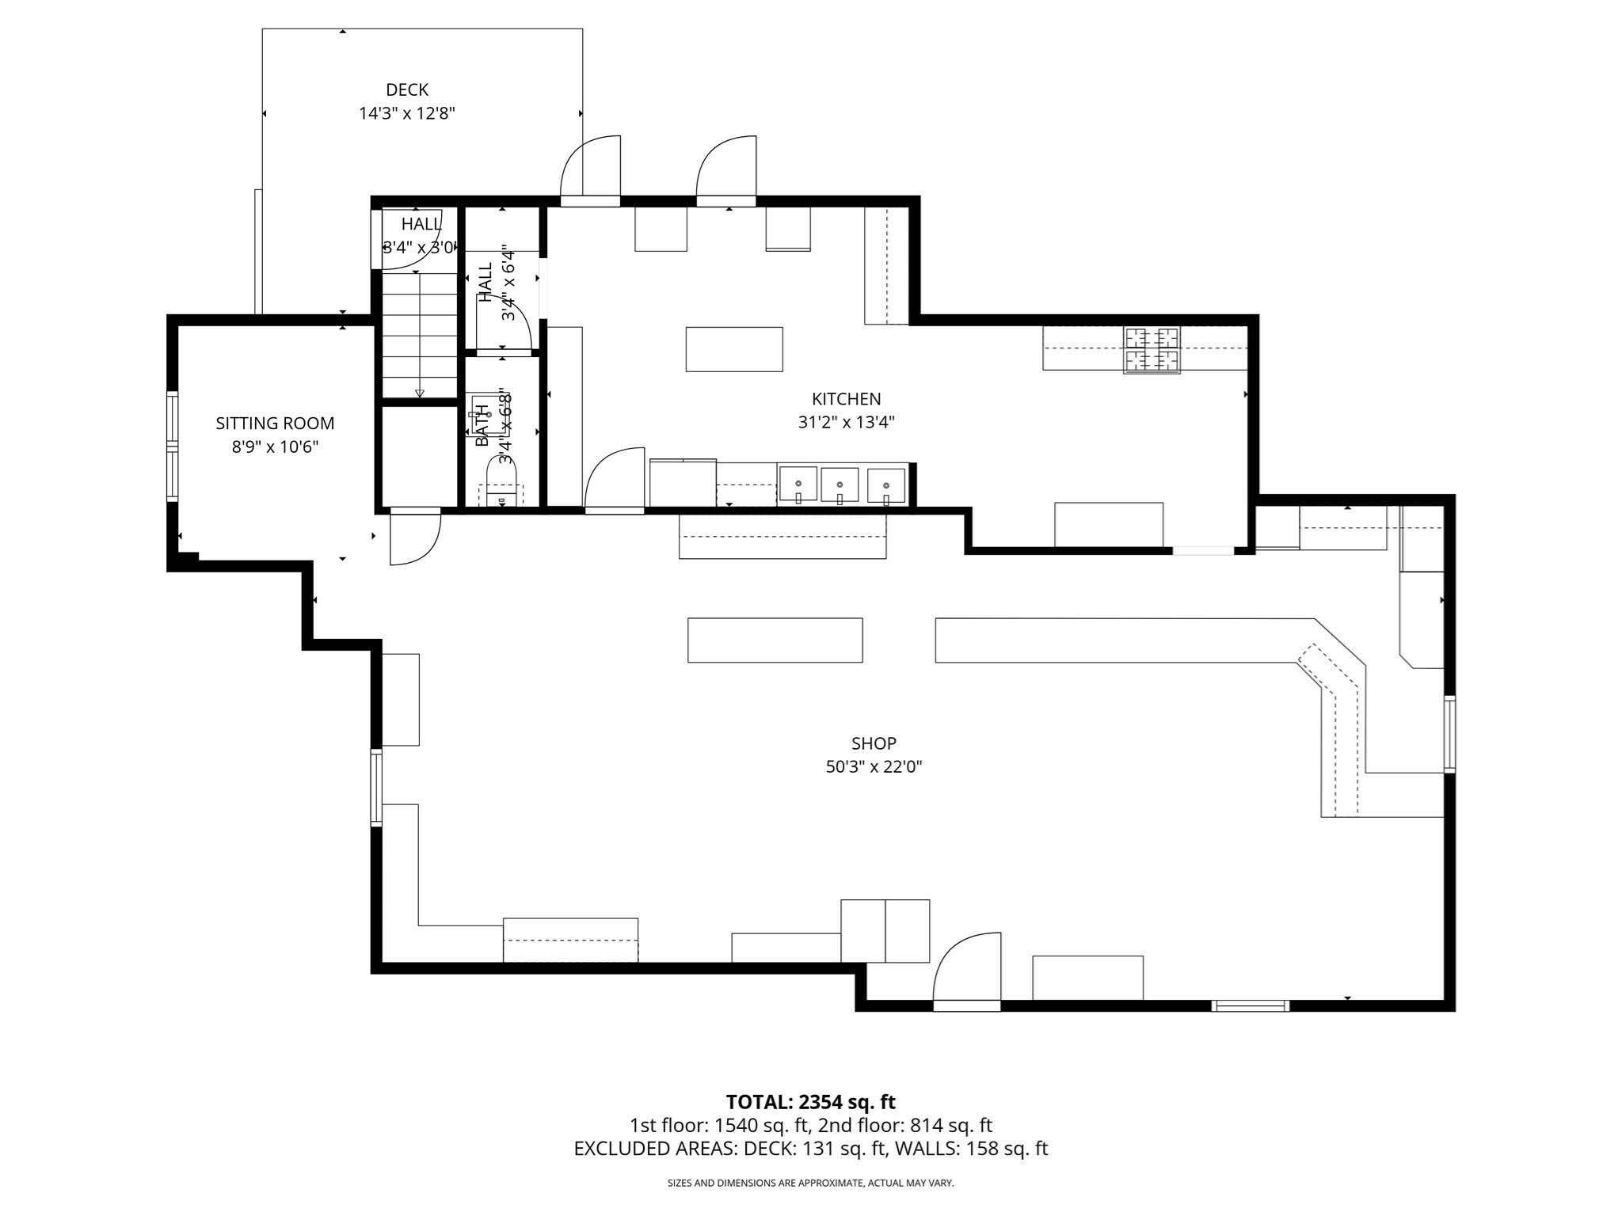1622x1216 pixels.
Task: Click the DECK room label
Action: click(x=407, y=90)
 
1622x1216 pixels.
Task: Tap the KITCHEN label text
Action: click(x=846, y=399)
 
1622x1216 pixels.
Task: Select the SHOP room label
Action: click(x=874, y=743)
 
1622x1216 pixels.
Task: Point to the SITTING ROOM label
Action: click(x=275, y=424)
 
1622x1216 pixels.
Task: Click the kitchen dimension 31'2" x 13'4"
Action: click(x=846, y=423)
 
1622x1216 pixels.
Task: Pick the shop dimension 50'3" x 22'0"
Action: click(x=874, y=767)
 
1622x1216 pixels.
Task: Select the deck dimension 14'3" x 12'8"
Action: click(x=407, y=113)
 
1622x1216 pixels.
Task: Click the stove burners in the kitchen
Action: click(x=1152, y=349)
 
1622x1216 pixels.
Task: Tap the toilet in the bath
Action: click(x=501, y=485)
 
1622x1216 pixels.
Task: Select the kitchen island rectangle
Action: click(x=734, y=349)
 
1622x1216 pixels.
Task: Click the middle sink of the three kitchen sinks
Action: click(x=840, y=484)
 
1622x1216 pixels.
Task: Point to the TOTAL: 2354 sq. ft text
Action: click(x=810, y=1101)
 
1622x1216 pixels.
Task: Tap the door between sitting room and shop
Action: click(x=415, y=538)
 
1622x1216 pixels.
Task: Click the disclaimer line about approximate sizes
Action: click(x=810, y=1183)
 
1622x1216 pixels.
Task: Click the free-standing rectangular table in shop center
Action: click(x=775, y=640)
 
